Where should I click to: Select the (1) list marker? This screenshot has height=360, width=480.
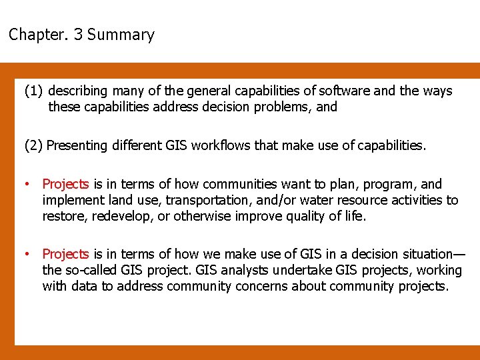click(x=33, y=91)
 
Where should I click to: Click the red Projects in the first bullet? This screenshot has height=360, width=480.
click(x=65, y=184)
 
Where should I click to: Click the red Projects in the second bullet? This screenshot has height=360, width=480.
click(x=65, y=254)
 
